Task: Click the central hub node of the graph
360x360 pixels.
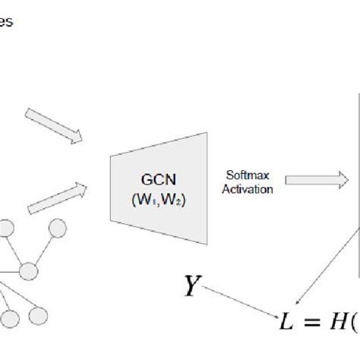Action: click(x=28, y=270)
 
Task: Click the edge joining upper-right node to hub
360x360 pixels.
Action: click(x=43, y=249)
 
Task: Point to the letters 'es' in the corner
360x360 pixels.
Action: click(x=6, y=23)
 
